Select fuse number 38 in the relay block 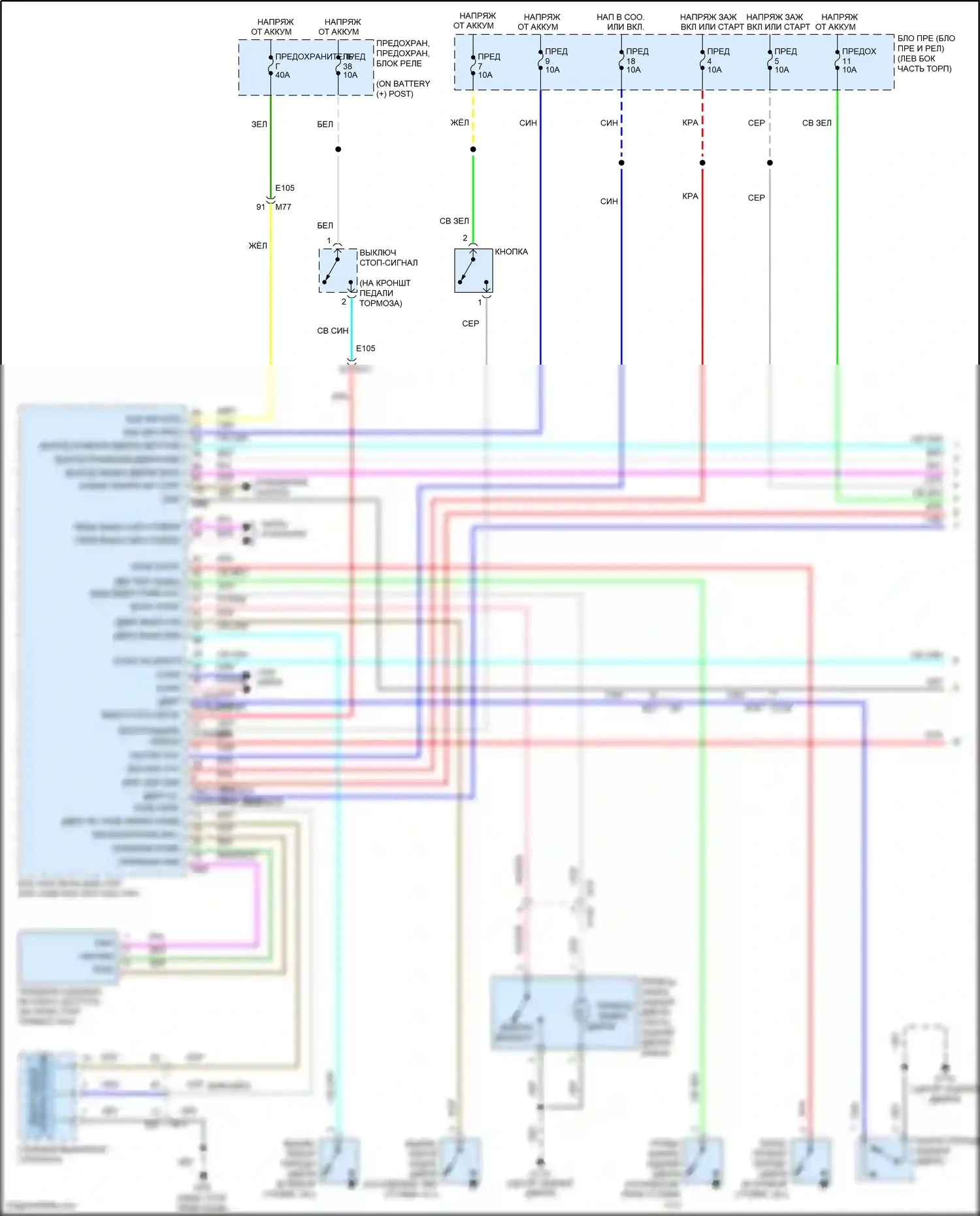tap(349, 66)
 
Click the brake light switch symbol tap(338, 270)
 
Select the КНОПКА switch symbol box tap(473, 270)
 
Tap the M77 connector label tap(283, 207)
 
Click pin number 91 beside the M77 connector tap(261, 207)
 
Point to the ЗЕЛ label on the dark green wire tap(259, 124)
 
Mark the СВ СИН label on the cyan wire tap(333, 331)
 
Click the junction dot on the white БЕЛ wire tap(338, 150)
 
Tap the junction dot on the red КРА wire tap(702, 163)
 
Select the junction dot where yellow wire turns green tap(473, 150)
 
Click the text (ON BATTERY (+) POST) tap(402, 89)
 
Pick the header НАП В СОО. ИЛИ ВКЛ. tap(620, 22)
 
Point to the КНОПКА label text tap(511, 252)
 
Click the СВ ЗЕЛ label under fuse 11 tap(817, 123)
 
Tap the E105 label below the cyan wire tap(365, 348)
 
